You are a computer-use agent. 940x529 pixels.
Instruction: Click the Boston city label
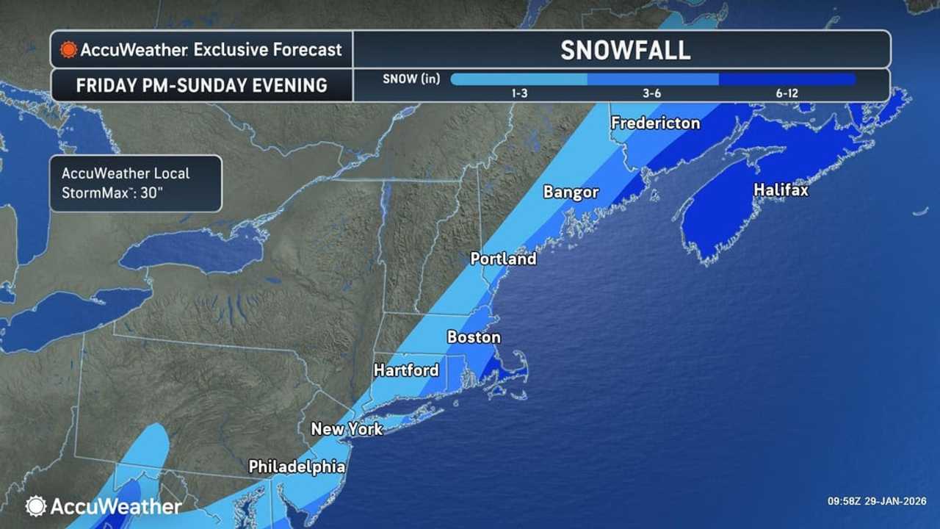[474, 338]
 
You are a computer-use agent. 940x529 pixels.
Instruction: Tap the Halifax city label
[781, 190]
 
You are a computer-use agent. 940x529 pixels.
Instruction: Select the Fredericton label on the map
[655, 123]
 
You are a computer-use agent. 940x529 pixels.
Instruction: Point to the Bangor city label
[571, 192]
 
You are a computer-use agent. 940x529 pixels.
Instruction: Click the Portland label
[503, 259]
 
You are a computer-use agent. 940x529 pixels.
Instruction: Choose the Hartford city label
[406, 370]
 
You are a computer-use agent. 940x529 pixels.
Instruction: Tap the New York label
[347, 428]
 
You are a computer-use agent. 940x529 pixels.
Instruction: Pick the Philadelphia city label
[297, 467]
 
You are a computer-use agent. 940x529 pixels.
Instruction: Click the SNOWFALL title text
[625, 50]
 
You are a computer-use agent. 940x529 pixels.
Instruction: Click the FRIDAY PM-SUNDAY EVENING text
[201, 85]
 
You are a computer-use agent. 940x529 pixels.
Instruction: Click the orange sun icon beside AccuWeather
[68, 50]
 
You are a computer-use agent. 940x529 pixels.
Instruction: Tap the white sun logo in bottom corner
[35, 505]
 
